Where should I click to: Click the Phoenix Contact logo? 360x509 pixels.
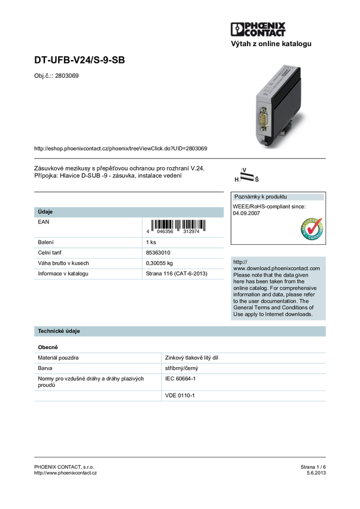click(259, 31)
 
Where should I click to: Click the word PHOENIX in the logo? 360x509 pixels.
click(264, 26)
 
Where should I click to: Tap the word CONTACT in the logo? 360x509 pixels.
click(264, 35)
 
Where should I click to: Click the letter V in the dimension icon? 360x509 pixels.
click(245, 169)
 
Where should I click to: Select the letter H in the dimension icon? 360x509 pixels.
click(237, 179)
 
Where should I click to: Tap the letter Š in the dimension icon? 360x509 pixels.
click(256, 179)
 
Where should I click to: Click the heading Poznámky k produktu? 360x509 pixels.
click(261, 197)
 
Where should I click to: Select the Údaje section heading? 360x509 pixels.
click(46, 212)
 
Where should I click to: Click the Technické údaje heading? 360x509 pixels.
click(59, 331)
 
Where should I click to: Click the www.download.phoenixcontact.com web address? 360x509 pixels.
click(276, 268)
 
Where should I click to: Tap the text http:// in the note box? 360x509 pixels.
click(240, 262)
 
